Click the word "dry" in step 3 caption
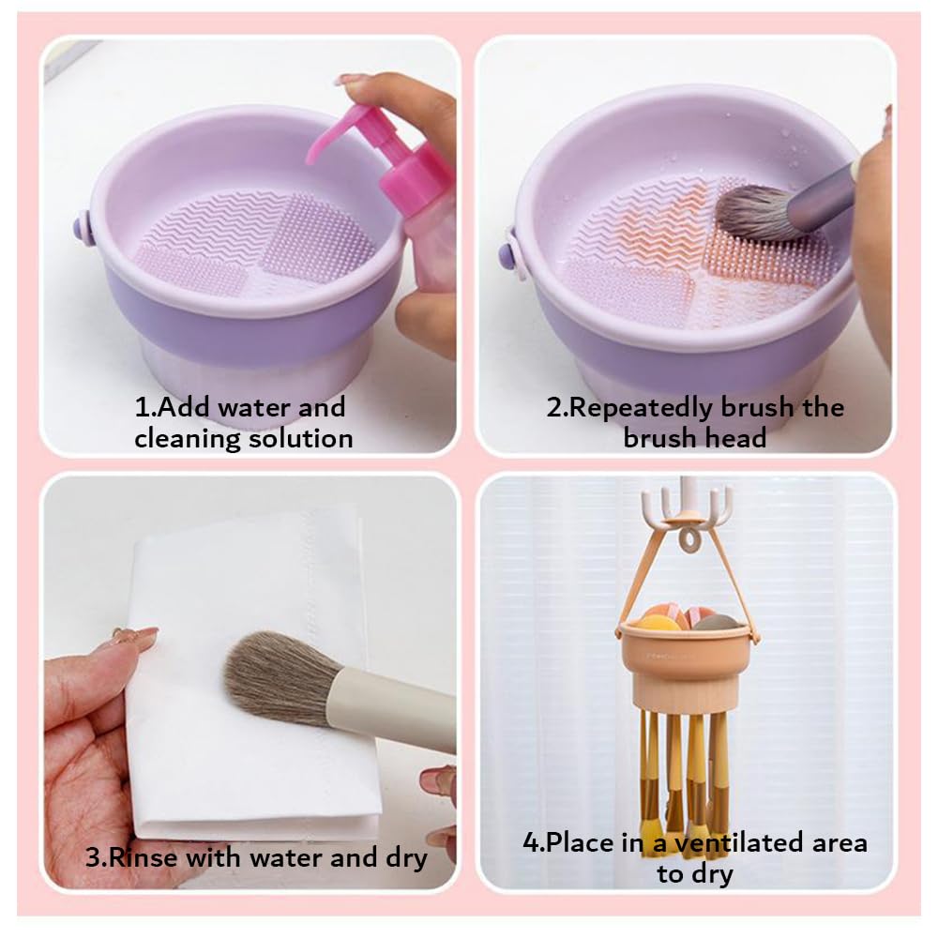pos(405,856)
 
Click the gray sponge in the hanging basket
pos(716,622)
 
